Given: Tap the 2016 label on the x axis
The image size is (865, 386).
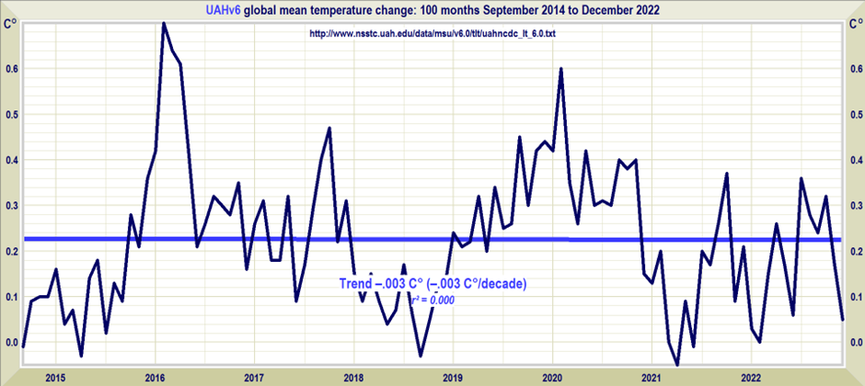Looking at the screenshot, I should (154, 377).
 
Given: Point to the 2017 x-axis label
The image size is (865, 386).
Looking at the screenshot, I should (254, 377).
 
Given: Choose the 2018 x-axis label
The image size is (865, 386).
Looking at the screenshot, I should (353, 377).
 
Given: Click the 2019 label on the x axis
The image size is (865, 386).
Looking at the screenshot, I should (453, 377).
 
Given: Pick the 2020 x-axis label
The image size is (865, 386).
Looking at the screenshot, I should (552, 377).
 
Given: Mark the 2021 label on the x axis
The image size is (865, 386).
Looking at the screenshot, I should (652, 377).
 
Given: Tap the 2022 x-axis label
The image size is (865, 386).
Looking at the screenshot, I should (751, 377).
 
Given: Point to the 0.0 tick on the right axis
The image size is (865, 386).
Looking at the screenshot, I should (855, 343).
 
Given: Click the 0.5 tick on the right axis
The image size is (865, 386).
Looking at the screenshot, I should (855, 114).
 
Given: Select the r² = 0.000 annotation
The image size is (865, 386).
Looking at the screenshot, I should (427, 299).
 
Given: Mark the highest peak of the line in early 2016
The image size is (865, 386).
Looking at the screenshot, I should (164, 23).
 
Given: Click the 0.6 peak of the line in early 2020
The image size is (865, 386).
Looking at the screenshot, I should (560, 69).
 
